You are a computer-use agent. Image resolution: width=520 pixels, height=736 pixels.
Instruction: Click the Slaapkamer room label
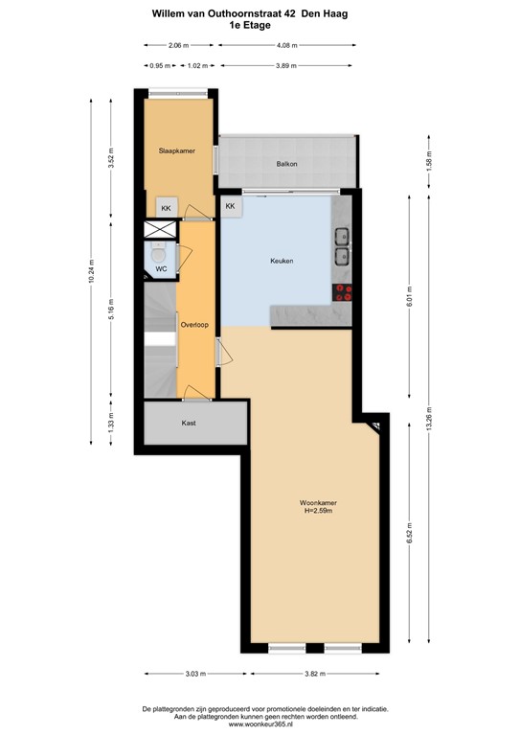176,150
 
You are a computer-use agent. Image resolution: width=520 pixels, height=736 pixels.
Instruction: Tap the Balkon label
286,164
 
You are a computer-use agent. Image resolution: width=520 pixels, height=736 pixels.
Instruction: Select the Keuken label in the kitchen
281,261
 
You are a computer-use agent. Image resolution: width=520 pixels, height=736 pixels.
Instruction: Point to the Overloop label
194,325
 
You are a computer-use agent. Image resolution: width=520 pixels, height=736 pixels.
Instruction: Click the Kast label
190,422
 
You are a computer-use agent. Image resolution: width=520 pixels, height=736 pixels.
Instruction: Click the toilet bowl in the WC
158,254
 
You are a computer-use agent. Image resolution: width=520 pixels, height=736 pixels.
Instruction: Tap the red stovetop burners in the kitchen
343,292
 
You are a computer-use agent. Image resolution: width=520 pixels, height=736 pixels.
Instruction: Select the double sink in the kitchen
343,245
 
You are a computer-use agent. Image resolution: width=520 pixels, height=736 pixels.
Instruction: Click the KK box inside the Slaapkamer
166,208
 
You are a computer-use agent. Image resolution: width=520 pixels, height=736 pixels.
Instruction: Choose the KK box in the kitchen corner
231,206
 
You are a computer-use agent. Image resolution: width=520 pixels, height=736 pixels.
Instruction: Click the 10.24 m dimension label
92,270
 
